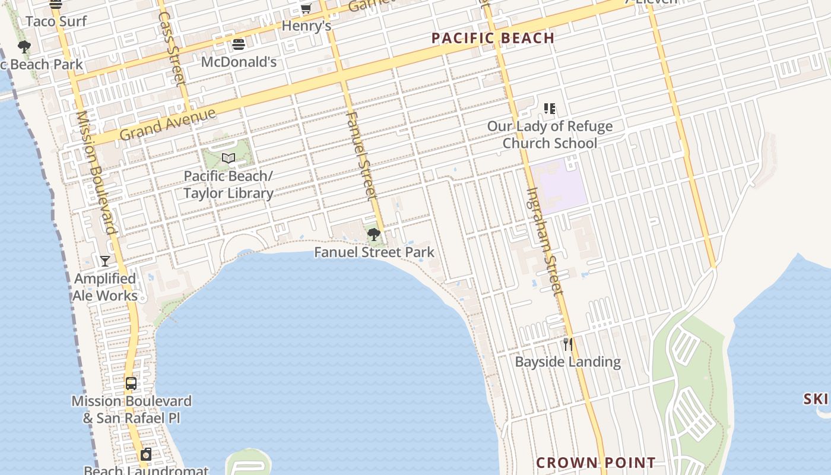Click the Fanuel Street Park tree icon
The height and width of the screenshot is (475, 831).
coord(373,235)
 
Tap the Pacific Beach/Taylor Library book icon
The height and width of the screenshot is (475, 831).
coord(229,158)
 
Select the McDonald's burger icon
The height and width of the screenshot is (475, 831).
coord(239,45)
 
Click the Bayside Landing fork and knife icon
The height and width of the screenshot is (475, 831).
coord(568,344)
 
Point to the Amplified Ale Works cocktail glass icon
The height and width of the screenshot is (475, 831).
coord(105,261)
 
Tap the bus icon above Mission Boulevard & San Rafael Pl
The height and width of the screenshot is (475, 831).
coord(131,384)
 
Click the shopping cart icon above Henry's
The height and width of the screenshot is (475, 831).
coord(306,8)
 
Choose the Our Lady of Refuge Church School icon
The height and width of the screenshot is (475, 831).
coord(550,109)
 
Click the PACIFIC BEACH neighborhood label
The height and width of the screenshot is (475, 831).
coord(493,38)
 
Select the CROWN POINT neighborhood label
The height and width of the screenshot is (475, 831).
coord(596,463)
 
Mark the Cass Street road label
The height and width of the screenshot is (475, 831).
coord(173,47)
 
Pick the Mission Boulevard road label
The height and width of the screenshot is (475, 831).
coord(96,172)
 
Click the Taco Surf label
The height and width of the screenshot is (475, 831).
coord(56,21)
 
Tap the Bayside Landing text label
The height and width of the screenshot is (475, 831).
coord(567,362)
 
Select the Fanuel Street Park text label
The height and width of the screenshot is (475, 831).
coord(374,252)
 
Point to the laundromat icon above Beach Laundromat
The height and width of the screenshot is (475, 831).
coord(146,455)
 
